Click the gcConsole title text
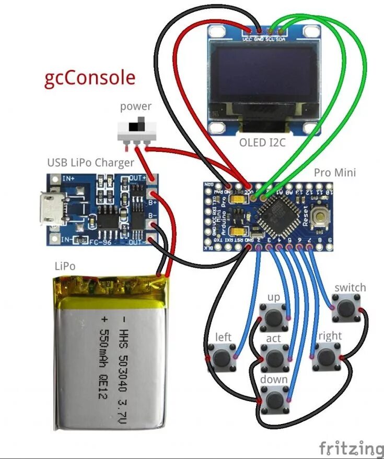(90, 78)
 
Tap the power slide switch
(137, 129)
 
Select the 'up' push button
(274, 317)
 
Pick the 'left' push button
(223, 358)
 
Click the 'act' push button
(274, 358)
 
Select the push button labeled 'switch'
(346, 308)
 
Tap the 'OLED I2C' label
(262, 142)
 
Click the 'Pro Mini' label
(335, 172)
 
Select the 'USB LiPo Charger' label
(91, 163)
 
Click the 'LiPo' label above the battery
(65, 266)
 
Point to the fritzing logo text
(351, 448)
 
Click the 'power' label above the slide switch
(136, 106)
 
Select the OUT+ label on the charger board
(137, 178)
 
